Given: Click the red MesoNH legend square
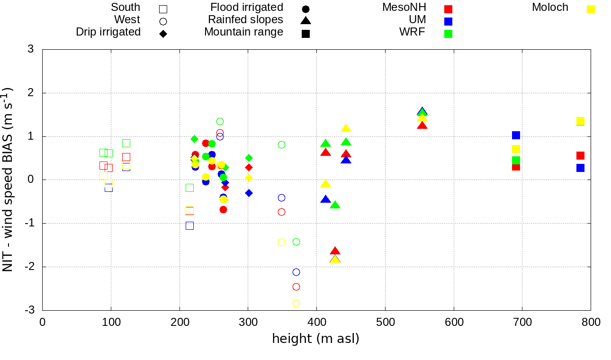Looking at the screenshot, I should pyautogui.click(x=449, y=9).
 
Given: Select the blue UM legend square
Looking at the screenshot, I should pyautogui.click(x=449, y=21).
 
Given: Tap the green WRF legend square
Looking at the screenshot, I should pyautogui.click(x=449, y=34).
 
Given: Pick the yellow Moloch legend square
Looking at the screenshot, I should pyautogui.click(x=591, y=9).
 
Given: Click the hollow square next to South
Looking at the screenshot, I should pyautogui.click(x=163, y=9).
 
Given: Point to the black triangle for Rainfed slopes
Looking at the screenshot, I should pyautogui.click(x=305, y=21).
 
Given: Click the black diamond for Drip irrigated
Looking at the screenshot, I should pyautogui.click(x=163, y=34).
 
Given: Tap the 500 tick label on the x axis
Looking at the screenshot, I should pyautogui.click(x=385, y=323).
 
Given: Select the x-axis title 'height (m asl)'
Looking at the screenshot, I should pyautogui.click(x=315, y=339).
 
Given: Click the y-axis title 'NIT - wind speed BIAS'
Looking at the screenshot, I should pyautogui.click(x=8, y=180).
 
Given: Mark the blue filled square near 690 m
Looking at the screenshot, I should pyautogui.click(x=516, y=135).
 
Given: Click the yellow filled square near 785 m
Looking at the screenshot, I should pyautogui.click(x=580, y=121).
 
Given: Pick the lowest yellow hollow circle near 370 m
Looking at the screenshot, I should pyautogui.click(x=296, y=303).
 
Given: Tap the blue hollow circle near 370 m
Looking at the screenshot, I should pyautogui.click(x=296, y=272).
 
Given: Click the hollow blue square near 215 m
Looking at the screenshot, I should pyautogui.click(x=189, y=225).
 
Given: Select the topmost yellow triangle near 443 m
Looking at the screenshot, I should pyautogui.click(x=346, y=128).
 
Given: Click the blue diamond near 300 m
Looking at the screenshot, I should pyautogui.click(x=249, y=193).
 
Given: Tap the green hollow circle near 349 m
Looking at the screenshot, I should pyautogui.click(x=281, y=144).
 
